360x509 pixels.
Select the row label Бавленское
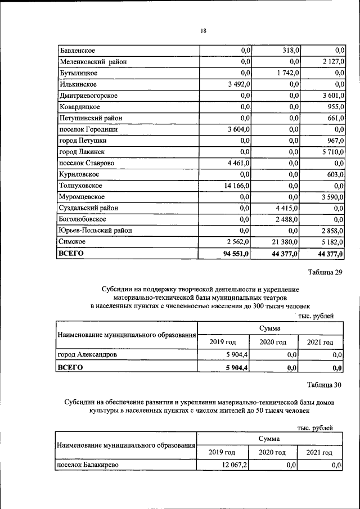click(78, 51)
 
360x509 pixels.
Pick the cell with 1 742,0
click(287, 73)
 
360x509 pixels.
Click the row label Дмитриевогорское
click(88, 96)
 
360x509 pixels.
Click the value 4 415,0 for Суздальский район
click(287, 208)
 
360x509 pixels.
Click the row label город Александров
click(87, 355)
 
